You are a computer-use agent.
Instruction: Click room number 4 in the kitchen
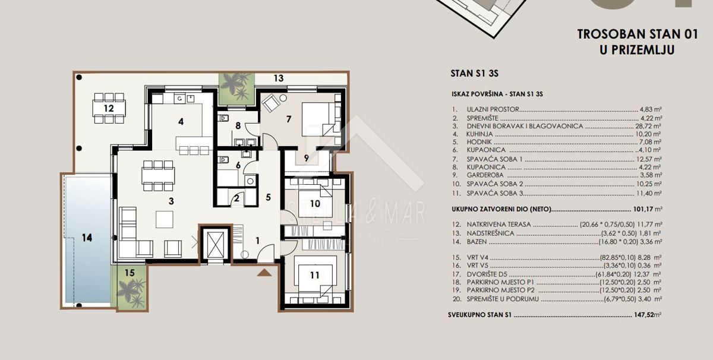(x=181, y=122)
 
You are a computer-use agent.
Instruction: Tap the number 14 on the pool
(x=87, y=238)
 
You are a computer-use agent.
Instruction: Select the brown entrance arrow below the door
(x=264, y=273)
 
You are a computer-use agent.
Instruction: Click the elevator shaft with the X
(x=216, y=244)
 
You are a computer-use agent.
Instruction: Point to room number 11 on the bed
(x=314, y=275)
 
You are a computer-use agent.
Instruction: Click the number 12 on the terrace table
(x=109, y=108)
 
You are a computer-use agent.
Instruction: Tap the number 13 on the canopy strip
(x=279, y=78)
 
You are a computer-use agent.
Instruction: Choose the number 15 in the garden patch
(x=130, y=273)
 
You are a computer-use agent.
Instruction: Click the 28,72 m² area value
(x=648, y=126)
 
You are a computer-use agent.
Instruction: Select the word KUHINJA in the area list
(x=479, y=134)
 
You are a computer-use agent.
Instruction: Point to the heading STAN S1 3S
(x=474, y=74)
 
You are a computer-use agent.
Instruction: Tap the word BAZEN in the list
(x=477, y=242)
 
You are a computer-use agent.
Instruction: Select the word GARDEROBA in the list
(x=485, y=175)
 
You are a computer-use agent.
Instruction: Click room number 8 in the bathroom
(x=238, y=126)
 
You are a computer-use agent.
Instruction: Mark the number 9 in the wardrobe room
(x=306, y=158)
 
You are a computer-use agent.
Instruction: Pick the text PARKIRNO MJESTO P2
(x=501, y=290)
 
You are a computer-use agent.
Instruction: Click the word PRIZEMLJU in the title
(x=637, y=50)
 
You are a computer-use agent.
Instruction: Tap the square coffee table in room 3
(x=165, y=220)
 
